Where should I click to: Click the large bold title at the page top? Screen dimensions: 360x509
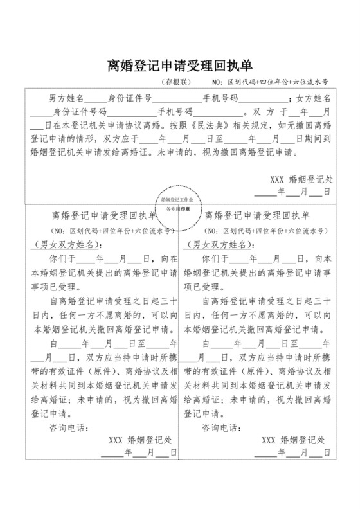pyautogui.click(x=179, y=66)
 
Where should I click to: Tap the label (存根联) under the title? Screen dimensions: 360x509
pyautogui.click(x=175, y=83)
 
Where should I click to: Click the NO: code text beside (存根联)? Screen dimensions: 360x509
pyautogui.click(x=269, y=83)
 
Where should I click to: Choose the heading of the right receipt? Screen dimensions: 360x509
pyautogui.click(x=256, y=216)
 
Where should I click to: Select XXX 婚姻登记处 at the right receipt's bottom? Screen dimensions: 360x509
pyautogui.click(x=294, y=440)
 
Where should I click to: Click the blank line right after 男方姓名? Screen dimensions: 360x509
pyautogui.click(x=95, y=100)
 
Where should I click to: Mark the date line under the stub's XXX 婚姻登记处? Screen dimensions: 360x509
pyautogui.click(x=292, y=192)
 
